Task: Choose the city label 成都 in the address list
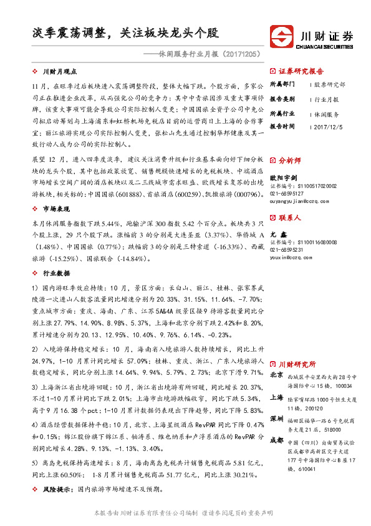pyautogui.click(x=276, y=440)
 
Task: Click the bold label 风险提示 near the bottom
pyautogui.click(x=55, y=490)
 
